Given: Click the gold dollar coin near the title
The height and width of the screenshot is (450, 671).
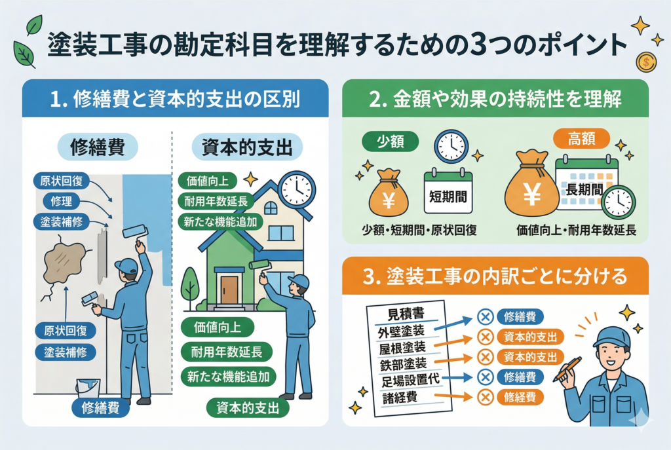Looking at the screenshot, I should (x=645, y=62).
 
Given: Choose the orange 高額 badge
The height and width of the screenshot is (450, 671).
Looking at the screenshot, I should (x=581, y=138).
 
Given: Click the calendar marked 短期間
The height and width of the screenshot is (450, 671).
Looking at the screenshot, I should (x=448, y=191).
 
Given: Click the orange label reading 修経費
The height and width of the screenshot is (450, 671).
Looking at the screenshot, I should (x=520, y=396).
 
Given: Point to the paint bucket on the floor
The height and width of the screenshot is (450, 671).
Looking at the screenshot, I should (x=87, y=388).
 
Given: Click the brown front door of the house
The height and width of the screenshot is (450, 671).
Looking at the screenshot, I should (x=229, y=290).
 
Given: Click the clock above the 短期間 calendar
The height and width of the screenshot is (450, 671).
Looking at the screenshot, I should (x=451, y=146).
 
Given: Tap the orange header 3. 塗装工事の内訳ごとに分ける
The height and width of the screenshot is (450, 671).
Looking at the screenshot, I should (x=495, y=276).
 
